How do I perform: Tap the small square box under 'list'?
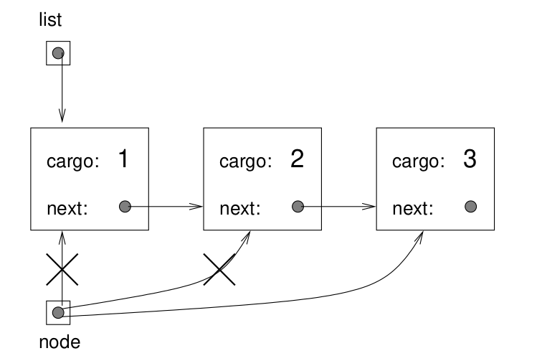pyautogui.click(x=58, y=53)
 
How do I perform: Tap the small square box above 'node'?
pyautogui.click(x=58, y=312)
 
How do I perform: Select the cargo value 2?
pyautogui.click(x=296, y=159)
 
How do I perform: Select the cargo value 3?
pyautogui.click(x=469, y=159)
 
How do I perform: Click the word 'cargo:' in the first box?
pyautogui.click(x=72, y=162)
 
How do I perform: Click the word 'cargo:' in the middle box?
pyautogui.click(x=245, y=162)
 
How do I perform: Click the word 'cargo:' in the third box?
pyautogui.click(x=418, y=162)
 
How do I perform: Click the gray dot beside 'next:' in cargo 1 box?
pyautogui.click(x=124, y=207)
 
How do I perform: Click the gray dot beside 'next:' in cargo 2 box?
pyautogui.click(x=298, y=207)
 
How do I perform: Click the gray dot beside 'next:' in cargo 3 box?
pyautogui.click(x=470, y=207)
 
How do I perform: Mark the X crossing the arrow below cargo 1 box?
pyautogui.click(x=62, y=271)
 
